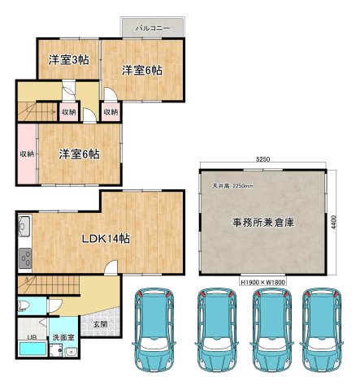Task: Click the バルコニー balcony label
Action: tap(153, 28)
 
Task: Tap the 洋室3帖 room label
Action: tap(69, 60)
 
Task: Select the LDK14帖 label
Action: tap(106, 239)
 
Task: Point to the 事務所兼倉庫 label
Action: tap(263, 223)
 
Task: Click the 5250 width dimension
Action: tap(262, 159)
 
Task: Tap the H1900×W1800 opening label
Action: tap(263, 283)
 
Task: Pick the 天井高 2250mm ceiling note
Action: tap(232, 186)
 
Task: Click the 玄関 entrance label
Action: tap(101, 324)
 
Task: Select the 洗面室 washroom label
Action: tap(63, 337)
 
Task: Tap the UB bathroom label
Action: tap(32, 337)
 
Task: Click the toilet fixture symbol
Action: tap(24, 305)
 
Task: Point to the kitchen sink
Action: tap(24, 227)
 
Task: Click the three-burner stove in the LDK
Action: tap(25, 258)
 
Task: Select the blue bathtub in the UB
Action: tap(33, 349)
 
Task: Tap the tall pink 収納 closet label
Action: tap(27, 154)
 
